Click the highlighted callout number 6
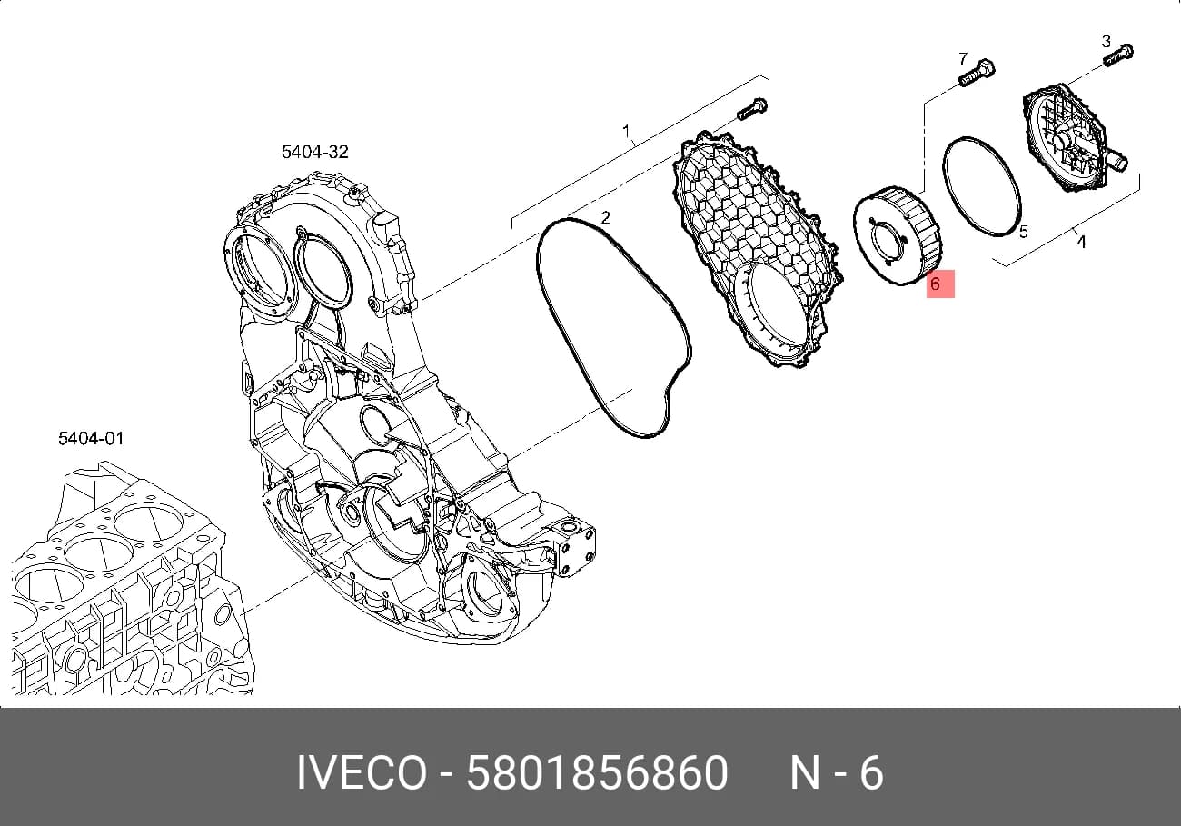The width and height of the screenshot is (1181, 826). point(935,284)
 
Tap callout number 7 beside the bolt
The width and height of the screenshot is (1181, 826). point(963,58)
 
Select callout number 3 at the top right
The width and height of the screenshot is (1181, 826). point(1107,41)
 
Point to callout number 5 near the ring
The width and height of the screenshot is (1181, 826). point(1023,232)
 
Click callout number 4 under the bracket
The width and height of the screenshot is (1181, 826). point(1081,242)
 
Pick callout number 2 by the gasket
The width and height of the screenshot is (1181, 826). point(605,217)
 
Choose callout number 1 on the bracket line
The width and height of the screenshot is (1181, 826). point(626,130)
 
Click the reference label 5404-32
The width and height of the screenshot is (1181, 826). point(314,152)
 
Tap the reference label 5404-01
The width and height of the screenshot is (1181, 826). point(91,438)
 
